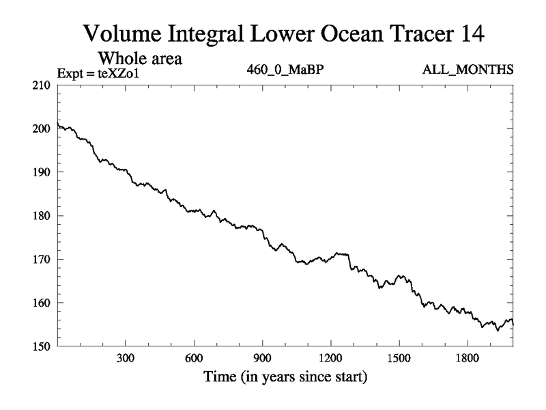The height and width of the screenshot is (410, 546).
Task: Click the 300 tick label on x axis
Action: [x=125, y=358]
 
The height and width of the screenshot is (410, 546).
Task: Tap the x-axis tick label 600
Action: [x=194, y=358]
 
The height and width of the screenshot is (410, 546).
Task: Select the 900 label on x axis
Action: [x=262, y=358]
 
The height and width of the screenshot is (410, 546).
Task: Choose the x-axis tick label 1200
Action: [x=330, y=358]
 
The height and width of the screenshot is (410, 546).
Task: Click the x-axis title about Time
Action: [x=285, y=377]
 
